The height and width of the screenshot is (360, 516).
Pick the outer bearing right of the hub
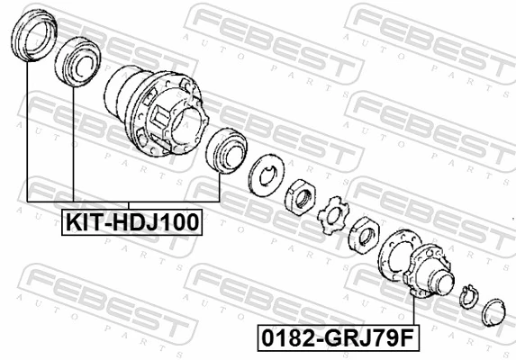224,148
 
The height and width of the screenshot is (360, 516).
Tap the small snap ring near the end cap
466,296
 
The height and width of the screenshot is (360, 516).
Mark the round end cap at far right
493,310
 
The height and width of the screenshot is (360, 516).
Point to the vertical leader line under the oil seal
28,135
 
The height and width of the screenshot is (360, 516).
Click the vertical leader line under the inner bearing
71,144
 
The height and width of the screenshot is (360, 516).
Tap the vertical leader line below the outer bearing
219,184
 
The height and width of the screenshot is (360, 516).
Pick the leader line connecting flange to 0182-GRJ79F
412,310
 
